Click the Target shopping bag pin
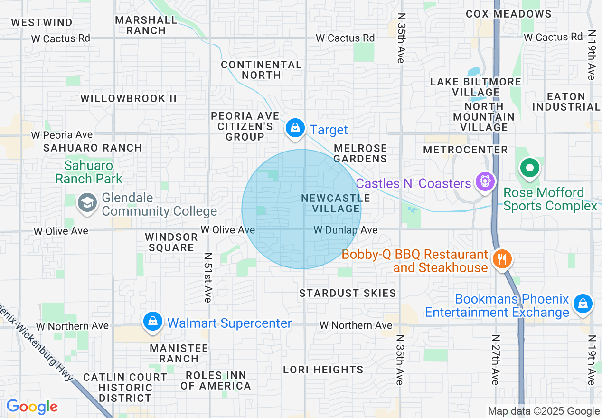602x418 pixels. [295, 128]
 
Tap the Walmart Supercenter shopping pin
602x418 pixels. [153, 322]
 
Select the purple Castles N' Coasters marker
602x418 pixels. [485, 182]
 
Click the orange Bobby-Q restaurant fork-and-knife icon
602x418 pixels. [501, 259]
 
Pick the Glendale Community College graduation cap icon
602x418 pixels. [87, 203]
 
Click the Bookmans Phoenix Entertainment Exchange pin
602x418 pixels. [582, 304]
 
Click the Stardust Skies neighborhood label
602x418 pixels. [348, 293]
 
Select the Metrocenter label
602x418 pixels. [465, 150]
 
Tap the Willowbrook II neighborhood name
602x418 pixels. [129, 98]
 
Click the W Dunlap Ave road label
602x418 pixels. [346, 230]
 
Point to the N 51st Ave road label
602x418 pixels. [207, 277]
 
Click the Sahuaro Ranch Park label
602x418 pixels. [89, 172]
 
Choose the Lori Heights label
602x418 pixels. [323, 370]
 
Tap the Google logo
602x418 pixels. [32, 407]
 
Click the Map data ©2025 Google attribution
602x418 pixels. [544, 411]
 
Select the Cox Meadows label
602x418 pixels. [508, 14]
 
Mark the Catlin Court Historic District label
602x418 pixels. [125, 388]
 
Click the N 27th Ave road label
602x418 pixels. [495, 360]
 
